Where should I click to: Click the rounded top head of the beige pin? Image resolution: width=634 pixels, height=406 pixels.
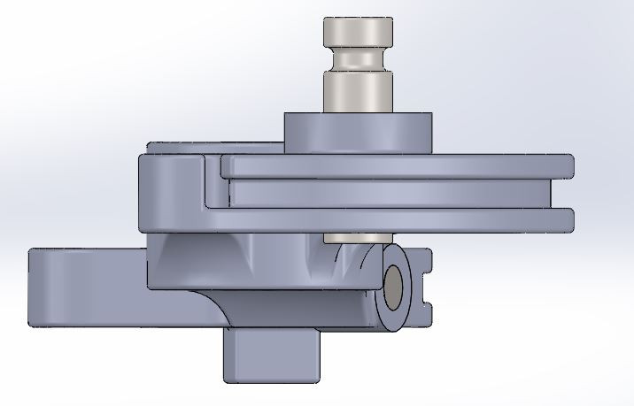click(358, 34)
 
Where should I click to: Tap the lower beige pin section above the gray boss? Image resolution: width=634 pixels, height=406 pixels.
click(358, 92)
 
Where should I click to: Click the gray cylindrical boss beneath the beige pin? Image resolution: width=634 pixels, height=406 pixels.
click(358, 133)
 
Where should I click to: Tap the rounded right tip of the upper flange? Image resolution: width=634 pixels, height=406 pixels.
click(568, 165)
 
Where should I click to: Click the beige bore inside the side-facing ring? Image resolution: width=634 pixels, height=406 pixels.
click(392, 287)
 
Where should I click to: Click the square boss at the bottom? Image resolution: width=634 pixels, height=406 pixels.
click(271, 354)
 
